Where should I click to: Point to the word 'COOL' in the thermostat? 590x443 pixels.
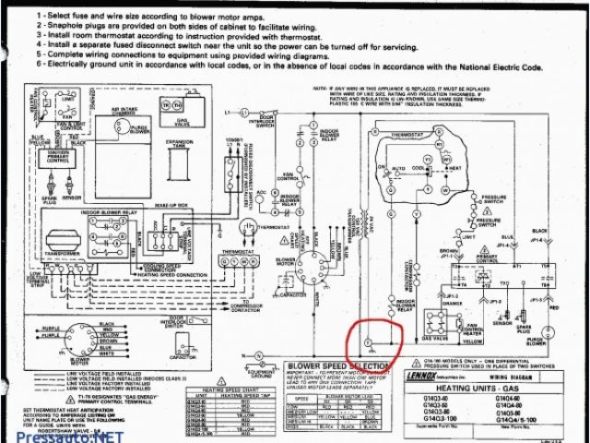419,168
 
